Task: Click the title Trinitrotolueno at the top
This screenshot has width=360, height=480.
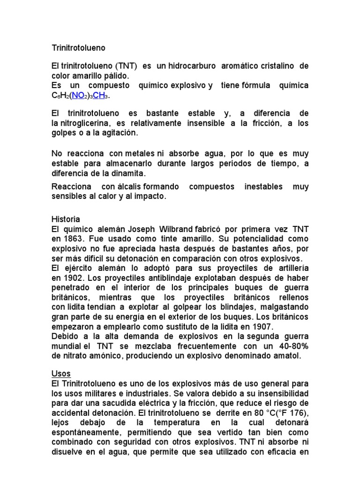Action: (x=78, y=48)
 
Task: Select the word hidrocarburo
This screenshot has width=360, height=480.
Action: (x=192, y=66)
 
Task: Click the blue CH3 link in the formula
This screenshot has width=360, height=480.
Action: (x=102, y=96)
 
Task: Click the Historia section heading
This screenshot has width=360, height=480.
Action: (x=66, y=219)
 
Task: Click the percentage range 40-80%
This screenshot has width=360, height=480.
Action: (x=291, y=346)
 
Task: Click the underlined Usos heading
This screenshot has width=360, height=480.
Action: (x=61, y=374)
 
